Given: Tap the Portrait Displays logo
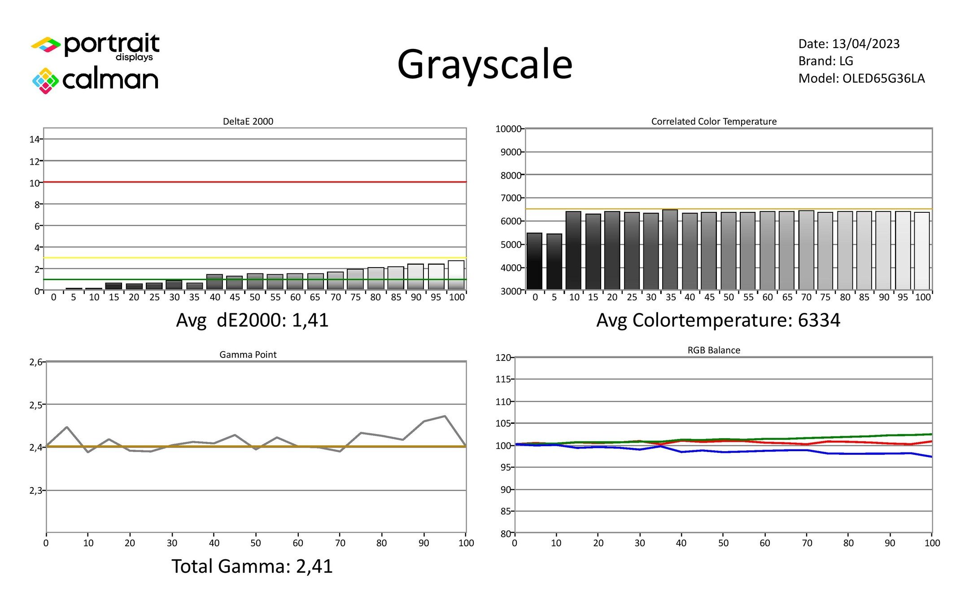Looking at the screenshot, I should tap(96, 46).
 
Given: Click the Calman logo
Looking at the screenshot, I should tap(96, 80).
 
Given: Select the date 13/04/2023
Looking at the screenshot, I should tap(865, 44).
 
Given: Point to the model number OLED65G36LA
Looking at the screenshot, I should tap(883, 79).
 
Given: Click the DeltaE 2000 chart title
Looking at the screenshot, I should tap(248, 121).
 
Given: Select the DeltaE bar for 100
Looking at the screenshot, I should tap(456, 275).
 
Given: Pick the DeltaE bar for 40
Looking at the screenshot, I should tap(214, 282).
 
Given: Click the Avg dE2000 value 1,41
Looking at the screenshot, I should tap(310, 321).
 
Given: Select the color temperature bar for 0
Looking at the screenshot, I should tap(534, 261).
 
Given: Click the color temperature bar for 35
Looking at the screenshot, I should tap(670, 250).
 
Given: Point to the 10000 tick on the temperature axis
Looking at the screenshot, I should tap(508, 129).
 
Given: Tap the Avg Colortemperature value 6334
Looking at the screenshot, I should tap(819, 321).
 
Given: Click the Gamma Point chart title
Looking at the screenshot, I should tap(248, 355).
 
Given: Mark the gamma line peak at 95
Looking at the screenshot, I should tap(445, 416).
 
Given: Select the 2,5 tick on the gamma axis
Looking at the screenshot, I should tap(35, 405).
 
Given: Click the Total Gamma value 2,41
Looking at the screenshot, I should tap(314, 566).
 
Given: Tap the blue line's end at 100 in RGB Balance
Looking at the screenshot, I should tap(931, 457).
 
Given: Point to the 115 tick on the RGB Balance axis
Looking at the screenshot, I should tap(502, 379).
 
